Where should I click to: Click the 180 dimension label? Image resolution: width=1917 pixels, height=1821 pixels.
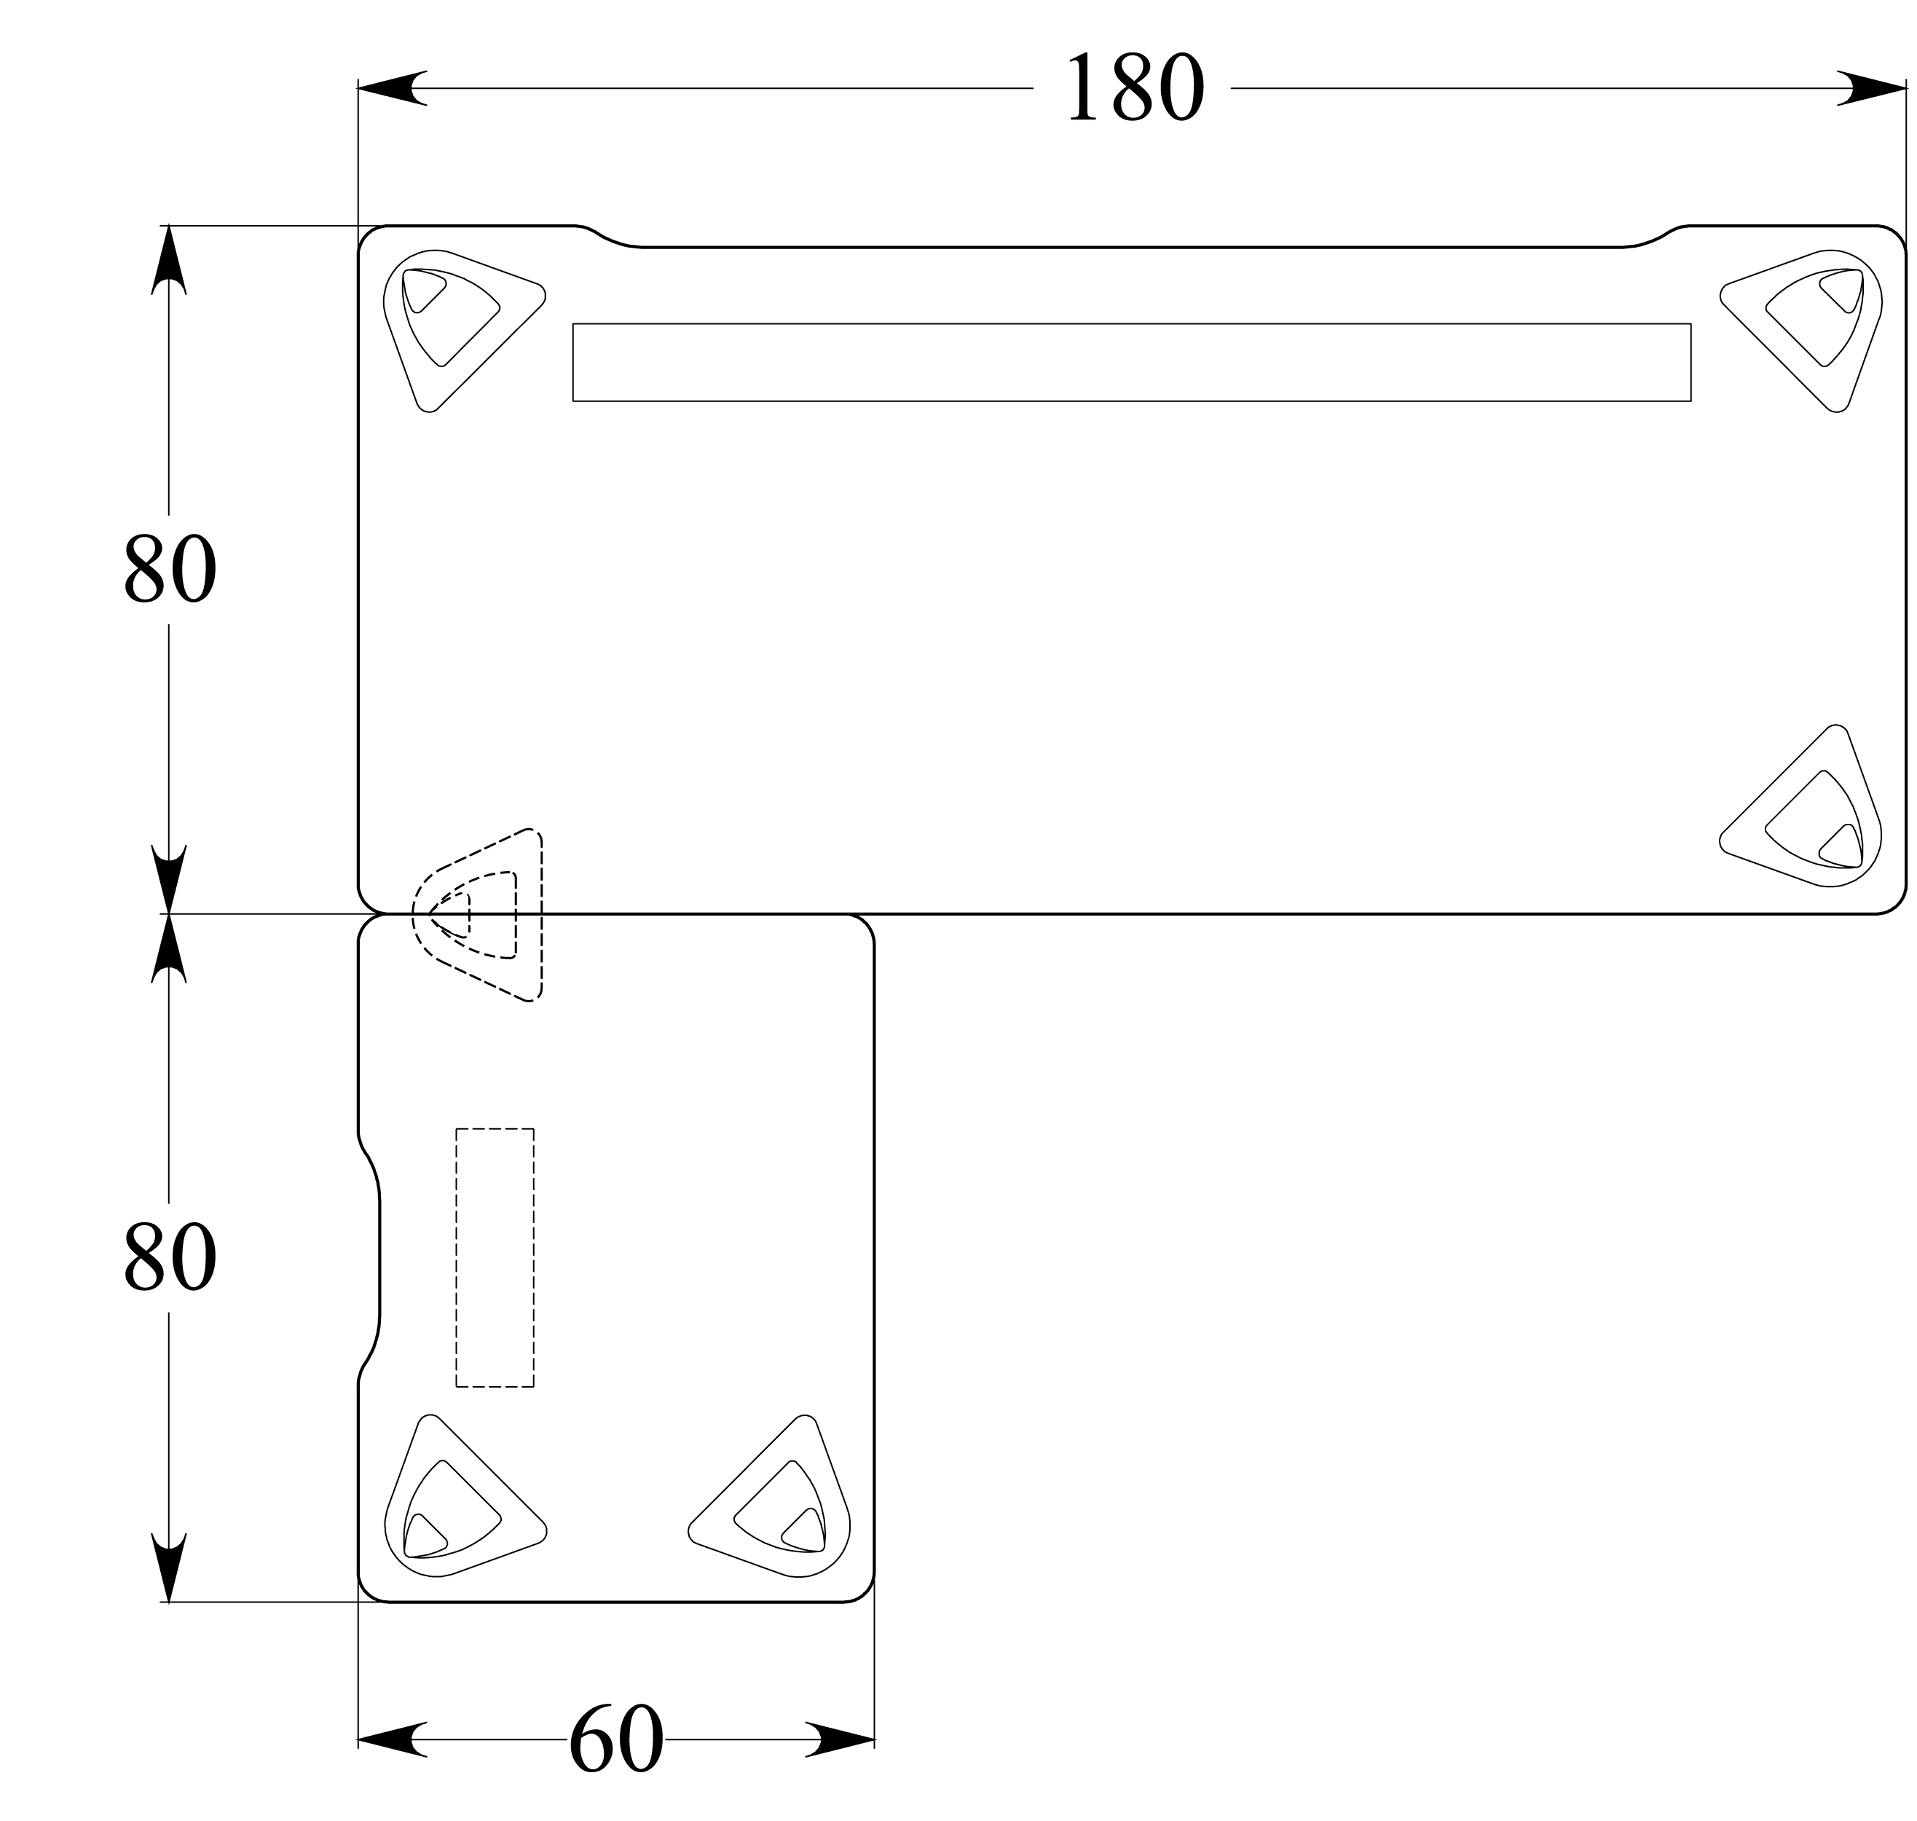[x=1135, y=88]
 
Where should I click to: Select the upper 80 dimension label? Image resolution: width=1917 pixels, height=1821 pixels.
[x=170, y=569]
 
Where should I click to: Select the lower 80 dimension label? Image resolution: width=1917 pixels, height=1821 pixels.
[x=170, y=1257]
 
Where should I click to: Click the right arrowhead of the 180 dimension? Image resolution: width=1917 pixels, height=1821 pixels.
[x=1873, y=88]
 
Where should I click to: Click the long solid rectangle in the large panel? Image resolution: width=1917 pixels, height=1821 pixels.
[x=1132, y=362]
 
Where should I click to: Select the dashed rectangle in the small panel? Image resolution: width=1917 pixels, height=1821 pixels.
[x=495, y=1257]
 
